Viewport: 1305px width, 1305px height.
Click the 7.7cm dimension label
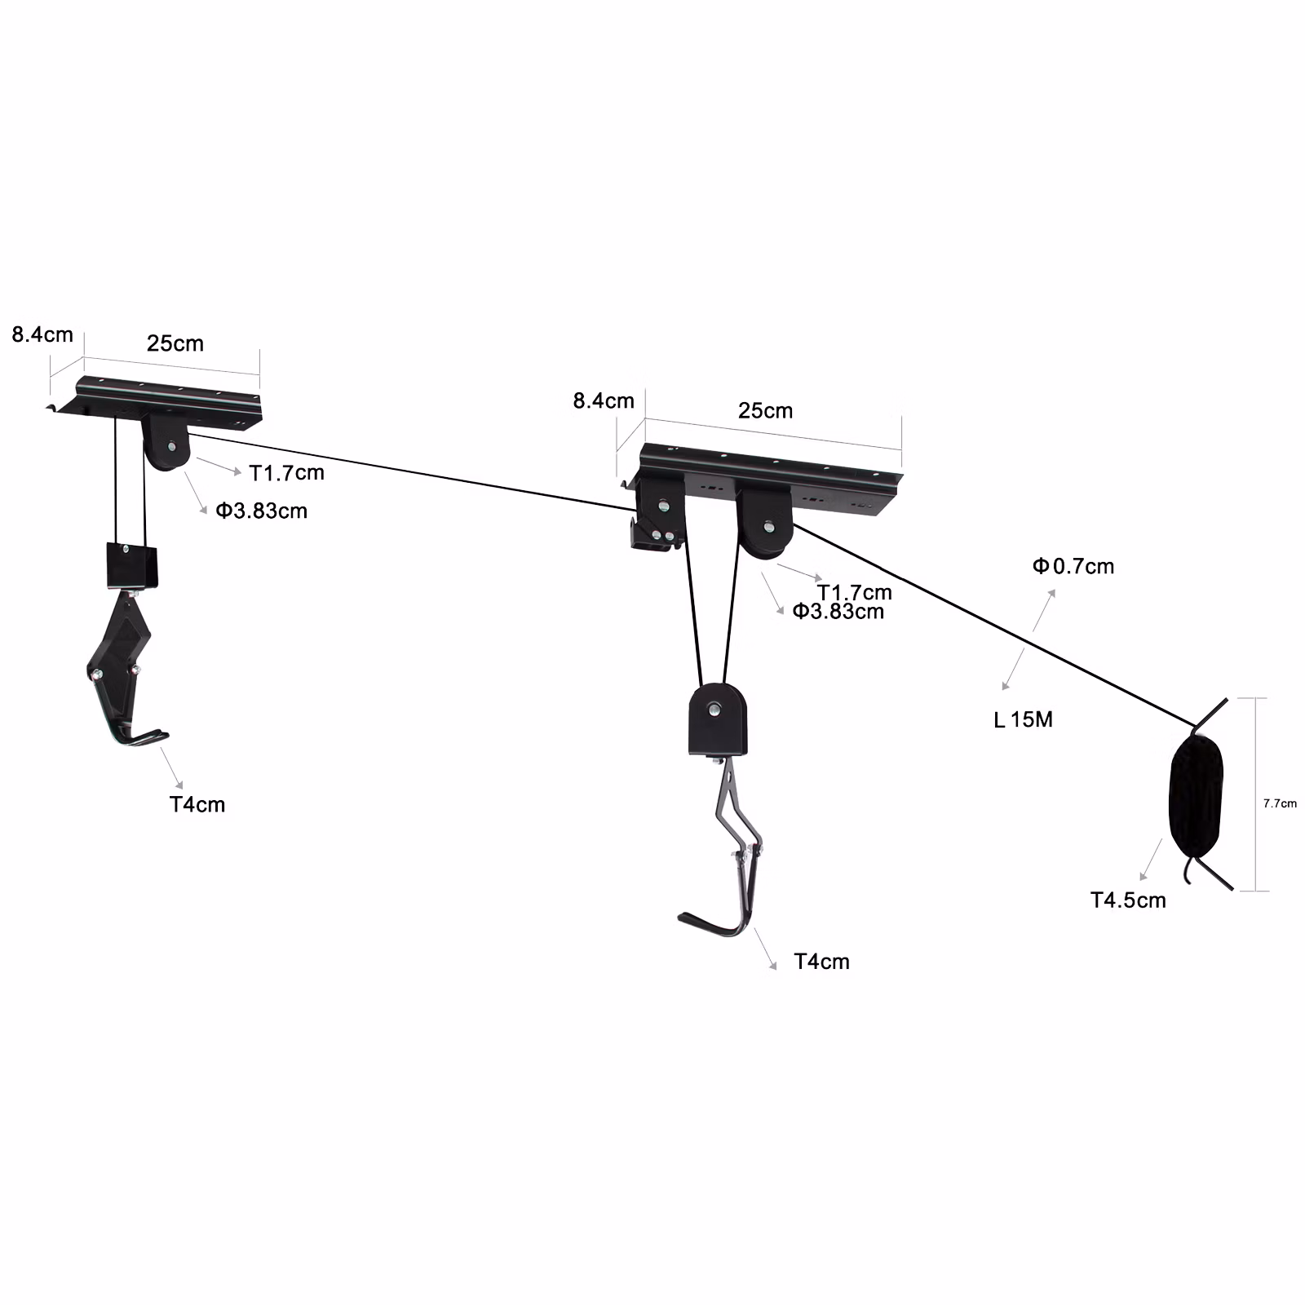pyautogui.click(x=1280, y=803)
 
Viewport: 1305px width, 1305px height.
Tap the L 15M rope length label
pyautogui.click(x=1024, y=719)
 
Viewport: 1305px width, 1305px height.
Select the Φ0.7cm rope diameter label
pyautogui.click(x=1073, y=566)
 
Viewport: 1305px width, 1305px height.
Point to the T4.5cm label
pyautogui.click(x=1128, y=900)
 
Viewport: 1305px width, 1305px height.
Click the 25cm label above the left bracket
pyautogui.click(x=175, y=343)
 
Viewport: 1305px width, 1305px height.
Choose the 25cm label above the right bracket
pyautogui.click(x=765, y=410)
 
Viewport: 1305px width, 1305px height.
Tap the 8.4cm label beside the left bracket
pyautogui.click(x=42, y=334)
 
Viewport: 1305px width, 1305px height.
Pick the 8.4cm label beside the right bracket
pyautogui.click(x=604, y=400)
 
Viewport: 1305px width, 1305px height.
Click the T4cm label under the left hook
pyautogui.click(x=197, y=804)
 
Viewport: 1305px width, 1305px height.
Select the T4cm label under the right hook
pyautogui.click(x=822, y=962)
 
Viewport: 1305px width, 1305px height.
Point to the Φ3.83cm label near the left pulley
pyautogui.click(x=262, y=511)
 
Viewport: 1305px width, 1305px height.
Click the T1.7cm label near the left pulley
pyautogui.click(x=287, y=472)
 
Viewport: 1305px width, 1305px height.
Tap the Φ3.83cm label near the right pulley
pyautogui.click(x=838, y=611)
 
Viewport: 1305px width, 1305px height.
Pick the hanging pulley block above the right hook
pyautogui.click(x=718, y=720)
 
